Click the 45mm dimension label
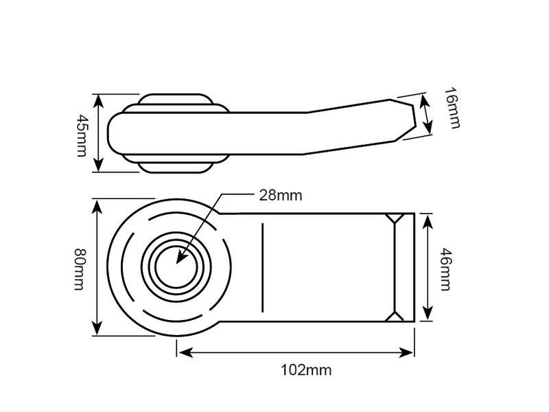82,135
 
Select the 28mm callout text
281,195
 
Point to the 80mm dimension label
80,269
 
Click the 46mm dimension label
445,269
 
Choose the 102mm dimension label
306,370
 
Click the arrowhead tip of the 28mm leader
177,263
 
